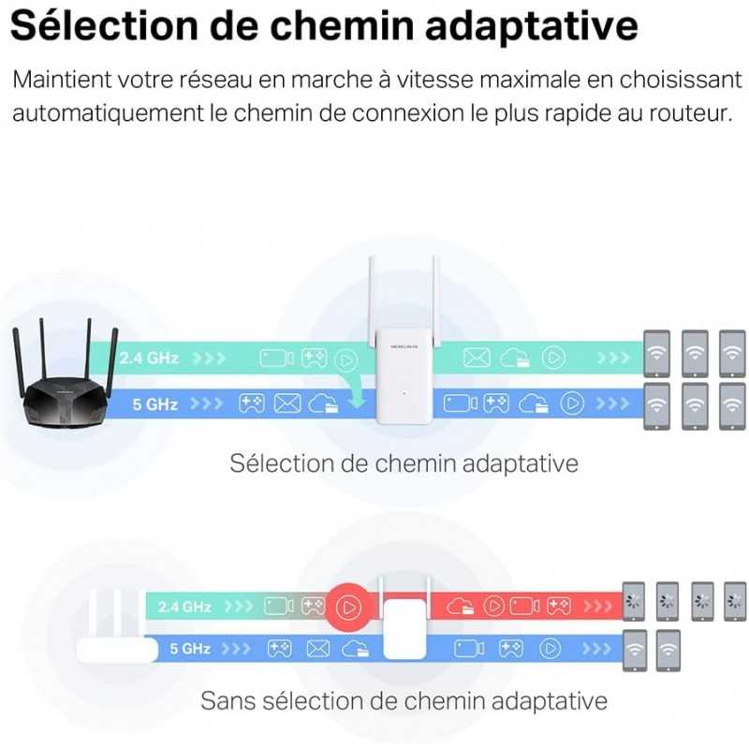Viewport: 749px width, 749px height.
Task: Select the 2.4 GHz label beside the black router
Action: tap(150, 358)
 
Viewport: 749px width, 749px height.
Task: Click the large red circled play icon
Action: tap(348, 607)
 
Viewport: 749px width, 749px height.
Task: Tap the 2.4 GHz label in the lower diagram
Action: tap(184, 607)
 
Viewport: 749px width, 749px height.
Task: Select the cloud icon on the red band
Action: tap(459, 607)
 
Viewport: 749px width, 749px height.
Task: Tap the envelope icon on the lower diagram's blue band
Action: tap(318, 647)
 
